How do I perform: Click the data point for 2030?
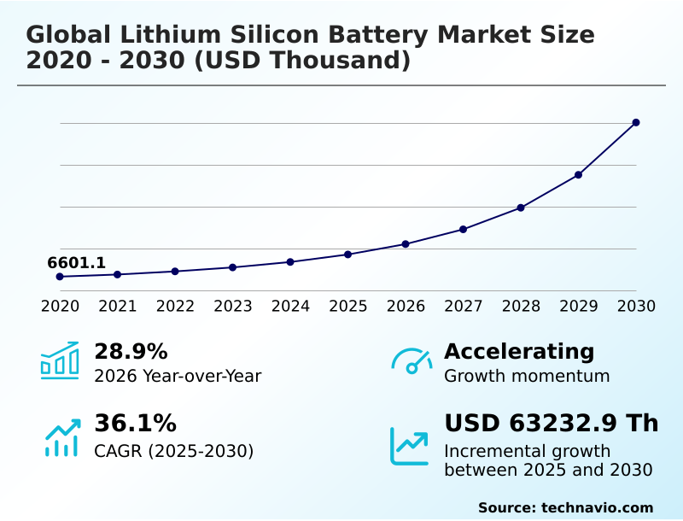coord(636,122)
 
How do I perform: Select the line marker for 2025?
coord(348,255)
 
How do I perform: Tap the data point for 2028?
coord(521,208)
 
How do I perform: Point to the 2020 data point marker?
coord(60,277)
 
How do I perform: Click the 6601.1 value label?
coord(77,263)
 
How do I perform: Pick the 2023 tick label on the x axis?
coord(233,306)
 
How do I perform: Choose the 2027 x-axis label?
coord(464,306)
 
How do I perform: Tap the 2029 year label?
coord(579,306)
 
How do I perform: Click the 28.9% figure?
coord(131,352)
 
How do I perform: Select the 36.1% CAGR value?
coord(135,424)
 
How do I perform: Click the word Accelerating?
coord(519,352)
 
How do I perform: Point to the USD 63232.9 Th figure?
coord(552,424)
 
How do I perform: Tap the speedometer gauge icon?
coord(412,360)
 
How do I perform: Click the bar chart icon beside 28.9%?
coord(60,360)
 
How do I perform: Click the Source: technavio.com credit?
coord(565,507)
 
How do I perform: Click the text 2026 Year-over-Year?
coord(178,376)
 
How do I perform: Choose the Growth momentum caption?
coord(527,376)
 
